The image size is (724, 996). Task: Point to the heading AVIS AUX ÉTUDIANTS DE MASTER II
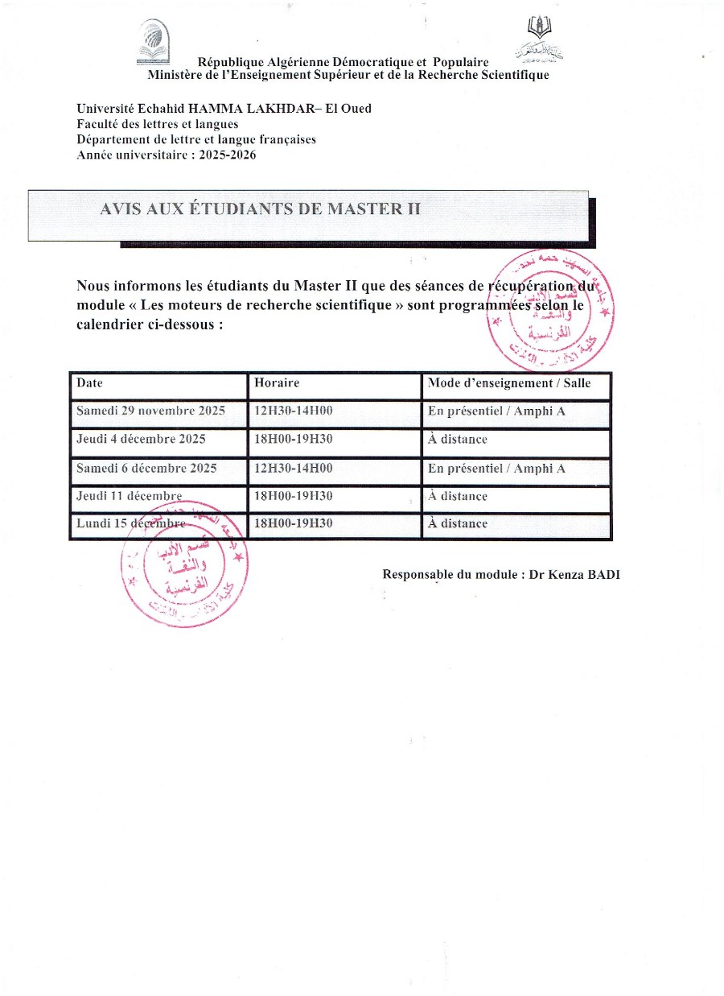click(x=260, y=209)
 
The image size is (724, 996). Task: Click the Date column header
click(x=90, y=383)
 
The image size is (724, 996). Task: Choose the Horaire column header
click(x=276, y=383)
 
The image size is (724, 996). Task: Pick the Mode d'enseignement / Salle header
click(x=509, y=383)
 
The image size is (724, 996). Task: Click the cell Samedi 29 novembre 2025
click(x=150, y=411)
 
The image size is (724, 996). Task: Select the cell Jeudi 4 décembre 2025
click(x=141, y=439)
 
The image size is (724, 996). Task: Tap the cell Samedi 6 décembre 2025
click(x=146, y=468)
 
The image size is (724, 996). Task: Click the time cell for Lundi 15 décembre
click(x=293, y=523)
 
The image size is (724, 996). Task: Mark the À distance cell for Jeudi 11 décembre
click(x=458, y=496)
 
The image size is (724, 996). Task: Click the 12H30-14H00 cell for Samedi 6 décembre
click(x=293, y=468)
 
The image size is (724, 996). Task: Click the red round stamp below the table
click(x=183, y=568)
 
